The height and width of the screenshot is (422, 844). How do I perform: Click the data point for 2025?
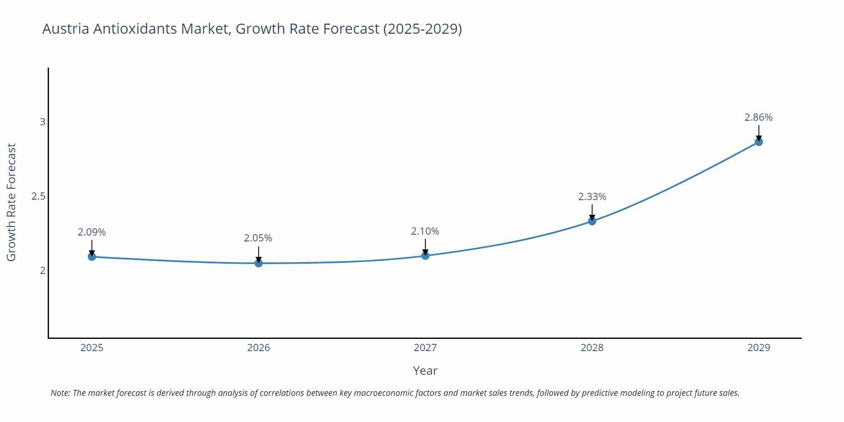tap(92, 257)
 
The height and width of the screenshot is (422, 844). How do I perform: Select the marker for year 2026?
tap(259, 263)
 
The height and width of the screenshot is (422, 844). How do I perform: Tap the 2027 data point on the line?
tap(425, 256)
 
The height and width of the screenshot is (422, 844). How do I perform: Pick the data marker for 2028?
tap(592, 221)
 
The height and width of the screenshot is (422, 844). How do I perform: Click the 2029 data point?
tap(759, 142)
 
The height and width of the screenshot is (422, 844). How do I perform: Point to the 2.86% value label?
tap(758, 117)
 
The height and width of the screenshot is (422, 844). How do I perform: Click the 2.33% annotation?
tap(592, 197)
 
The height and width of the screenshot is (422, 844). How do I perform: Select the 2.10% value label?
tap(425, 231)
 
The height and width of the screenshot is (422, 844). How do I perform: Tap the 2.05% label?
tap(258, 238)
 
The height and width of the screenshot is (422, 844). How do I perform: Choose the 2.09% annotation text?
tap(92, 232)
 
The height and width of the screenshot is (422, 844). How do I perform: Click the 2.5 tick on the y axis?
tap(38, 196)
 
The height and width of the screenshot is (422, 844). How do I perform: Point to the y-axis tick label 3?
tap(42, 122)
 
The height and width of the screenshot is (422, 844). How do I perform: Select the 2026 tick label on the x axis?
tap(258, 348)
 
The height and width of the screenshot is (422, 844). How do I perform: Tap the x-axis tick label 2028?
tap(592, 348)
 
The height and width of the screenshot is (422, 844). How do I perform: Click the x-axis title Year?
tap(425, 371)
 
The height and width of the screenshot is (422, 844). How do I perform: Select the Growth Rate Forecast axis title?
tap(11, 202)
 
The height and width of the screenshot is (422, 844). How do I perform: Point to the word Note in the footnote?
tap(60, 393)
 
